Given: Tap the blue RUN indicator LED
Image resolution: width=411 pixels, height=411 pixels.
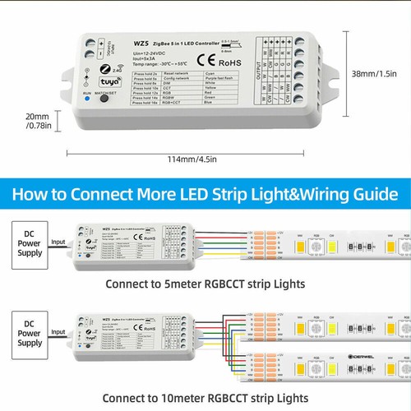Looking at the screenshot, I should [x=87, y=123].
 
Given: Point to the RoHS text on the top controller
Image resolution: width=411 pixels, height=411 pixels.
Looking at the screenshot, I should [x=229, y=61].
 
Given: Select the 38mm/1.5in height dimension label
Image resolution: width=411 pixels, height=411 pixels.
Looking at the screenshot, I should [x=381, y=75].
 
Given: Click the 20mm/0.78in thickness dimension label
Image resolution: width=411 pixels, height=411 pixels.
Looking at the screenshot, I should [x=37, y=122].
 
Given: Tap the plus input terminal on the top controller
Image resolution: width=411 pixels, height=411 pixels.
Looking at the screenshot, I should [x=90, y=39].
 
